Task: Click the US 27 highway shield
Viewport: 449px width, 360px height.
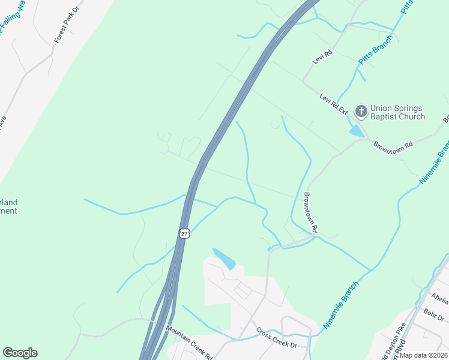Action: pyautogui.click(x=185, y=233)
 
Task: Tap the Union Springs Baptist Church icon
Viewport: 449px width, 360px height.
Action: pyautogui.click(x=361, y=112)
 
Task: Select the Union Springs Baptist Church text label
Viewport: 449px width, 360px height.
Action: pyautogui.click(x=397, y=113)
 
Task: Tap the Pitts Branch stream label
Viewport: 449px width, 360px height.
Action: pyautogui.click(x=375, y=50)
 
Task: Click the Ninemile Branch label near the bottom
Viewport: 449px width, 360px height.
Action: pyautogui.click(x=340, y=304)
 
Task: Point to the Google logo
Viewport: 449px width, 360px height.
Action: pyautogui.click(x=20, y=353)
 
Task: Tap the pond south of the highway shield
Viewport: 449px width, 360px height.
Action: pyautogui.click(x=224, y=259)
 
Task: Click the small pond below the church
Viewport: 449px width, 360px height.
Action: pyautogui.click(x=357, y=130)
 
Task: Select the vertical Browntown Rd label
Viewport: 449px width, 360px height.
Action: pyautogui.click(x=310, y=212)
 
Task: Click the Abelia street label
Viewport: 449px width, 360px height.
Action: pyautogui.click(x=440, y=298)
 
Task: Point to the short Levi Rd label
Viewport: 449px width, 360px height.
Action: pyautogui.click(x=322, y=58)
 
